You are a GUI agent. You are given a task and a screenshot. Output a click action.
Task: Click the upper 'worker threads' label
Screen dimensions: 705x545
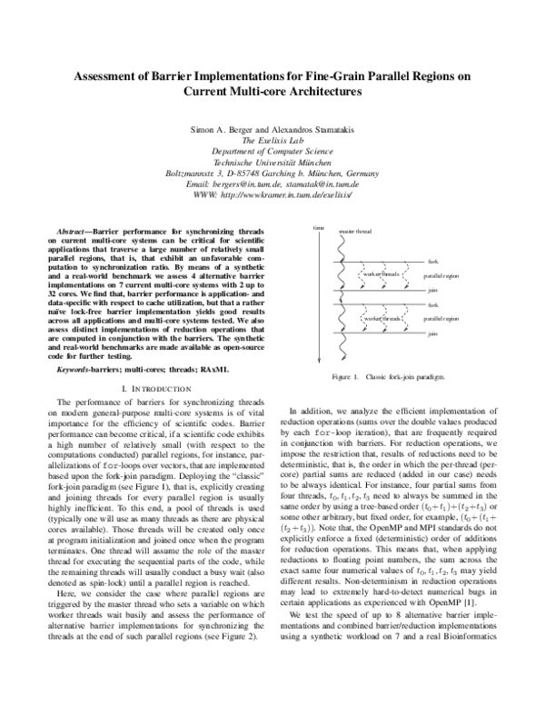click(x=381, y=273)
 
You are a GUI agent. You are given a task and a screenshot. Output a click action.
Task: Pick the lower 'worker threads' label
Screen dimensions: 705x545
click(x=381, y=319)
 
